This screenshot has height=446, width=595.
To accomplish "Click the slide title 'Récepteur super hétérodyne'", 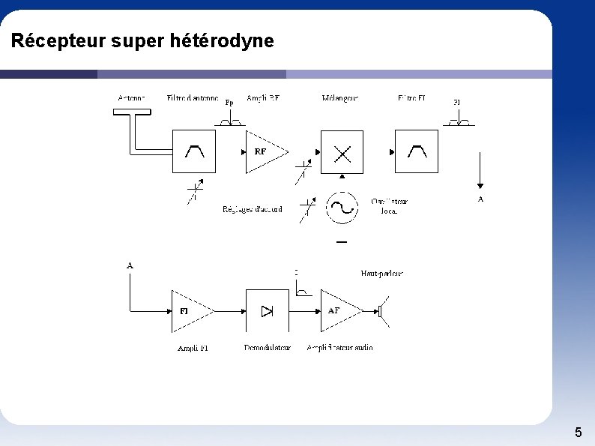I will [142, 40].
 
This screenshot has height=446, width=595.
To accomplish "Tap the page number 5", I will [578, 433].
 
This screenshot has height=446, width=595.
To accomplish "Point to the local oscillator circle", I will [342, 208].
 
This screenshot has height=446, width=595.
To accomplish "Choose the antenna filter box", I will [194, 151].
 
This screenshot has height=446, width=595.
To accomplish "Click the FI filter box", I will [417, 151].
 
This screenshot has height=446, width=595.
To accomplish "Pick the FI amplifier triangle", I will [188, 310].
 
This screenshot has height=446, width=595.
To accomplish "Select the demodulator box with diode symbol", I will [267, 310].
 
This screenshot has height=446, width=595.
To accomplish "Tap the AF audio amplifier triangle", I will [338, 310].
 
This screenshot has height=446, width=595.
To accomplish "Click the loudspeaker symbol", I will [384, 310].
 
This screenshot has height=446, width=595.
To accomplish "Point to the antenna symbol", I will [132, 112].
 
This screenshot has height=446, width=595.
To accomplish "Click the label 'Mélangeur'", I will [340, 98].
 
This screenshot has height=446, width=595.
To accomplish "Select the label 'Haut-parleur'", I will [382, 274].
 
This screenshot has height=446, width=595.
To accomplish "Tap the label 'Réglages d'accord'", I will [253, 210].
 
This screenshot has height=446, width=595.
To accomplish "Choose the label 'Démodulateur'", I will [267, 348].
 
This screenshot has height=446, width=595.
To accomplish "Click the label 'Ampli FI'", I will [193, 349].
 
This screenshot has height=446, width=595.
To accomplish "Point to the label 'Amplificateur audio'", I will [339, 348].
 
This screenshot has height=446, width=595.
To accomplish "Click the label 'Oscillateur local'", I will [390, 206].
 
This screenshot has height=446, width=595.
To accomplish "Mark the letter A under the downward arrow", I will [480, 199].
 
